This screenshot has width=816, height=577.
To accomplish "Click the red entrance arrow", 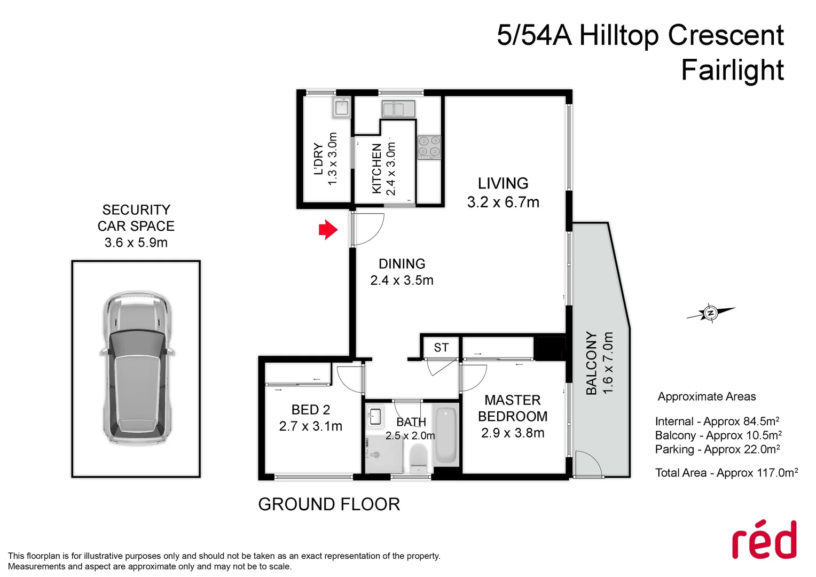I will (328, 230).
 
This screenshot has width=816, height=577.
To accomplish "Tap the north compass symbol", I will (711, 313).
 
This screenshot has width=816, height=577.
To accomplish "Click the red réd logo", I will (764, 540).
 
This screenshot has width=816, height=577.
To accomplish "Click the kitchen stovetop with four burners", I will (429, 147).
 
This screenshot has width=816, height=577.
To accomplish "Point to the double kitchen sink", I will (398, 109).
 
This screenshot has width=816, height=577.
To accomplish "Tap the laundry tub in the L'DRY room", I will (341, 108).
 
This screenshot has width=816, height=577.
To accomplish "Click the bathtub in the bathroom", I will (446, 436).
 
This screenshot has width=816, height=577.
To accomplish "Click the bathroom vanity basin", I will (375, 416).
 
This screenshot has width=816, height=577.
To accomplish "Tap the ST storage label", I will (441, 348).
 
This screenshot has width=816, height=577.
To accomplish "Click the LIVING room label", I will (503, 183).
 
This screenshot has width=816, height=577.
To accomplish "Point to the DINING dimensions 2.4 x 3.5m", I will (402, 280).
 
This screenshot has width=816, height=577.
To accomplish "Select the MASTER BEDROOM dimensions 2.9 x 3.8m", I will (513, 433).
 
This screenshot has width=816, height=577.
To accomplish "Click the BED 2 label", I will (311, 410).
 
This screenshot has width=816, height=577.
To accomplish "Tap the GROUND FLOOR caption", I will (329, 504).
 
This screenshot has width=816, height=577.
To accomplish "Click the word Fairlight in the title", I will (732, 70).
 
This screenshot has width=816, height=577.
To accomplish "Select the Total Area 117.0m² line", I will (726, 473).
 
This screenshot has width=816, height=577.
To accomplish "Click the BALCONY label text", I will (591, 363).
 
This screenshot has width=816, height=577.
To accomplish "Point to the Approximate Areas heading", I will (707, 396).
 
